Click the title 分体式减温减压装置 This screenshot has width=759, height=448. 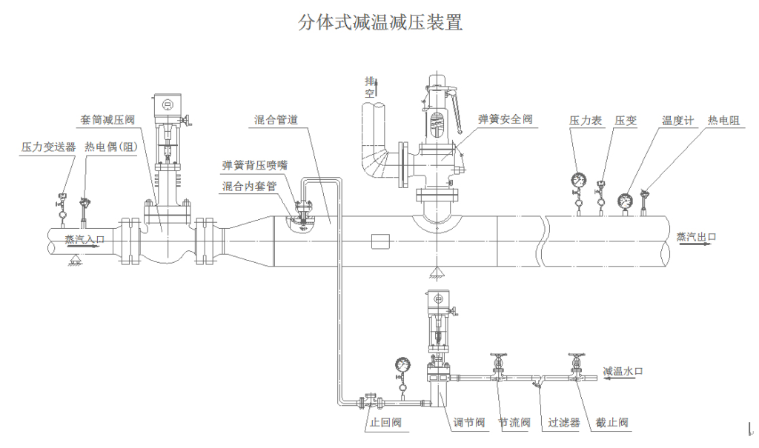click(x=380, y=22)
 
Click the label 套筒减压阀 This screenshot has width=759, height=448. click(x=108, y=119)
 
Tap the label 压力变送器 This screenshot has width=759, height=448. click(x=48, y=147)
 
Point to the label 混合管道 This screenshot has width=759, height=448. click(x=275, y=119)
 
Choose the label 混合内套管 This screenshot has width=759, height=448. click(x=249, y=187)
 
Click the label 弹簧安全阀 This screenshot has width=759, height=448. click(x=505, y=119)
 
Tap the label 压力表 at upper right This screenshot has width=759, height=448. click(x=585, y=120)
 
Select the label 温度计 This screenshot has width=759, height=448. click(x=677, y=120)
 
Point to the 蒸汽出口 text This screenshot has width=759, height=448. click(x=696, y=237)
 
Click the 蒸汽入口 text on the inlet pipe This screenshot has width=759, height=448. click(x=84, y=239)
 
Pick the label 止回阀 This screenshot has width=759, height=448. click(x=385, y=423)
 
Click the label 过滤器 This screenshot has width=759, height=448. click(x=564, y=423)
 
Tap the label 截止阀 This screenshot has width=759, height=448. click(x=612, y=423)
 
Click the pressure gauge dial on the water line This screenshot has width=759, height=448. click(x=403, y=364)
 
